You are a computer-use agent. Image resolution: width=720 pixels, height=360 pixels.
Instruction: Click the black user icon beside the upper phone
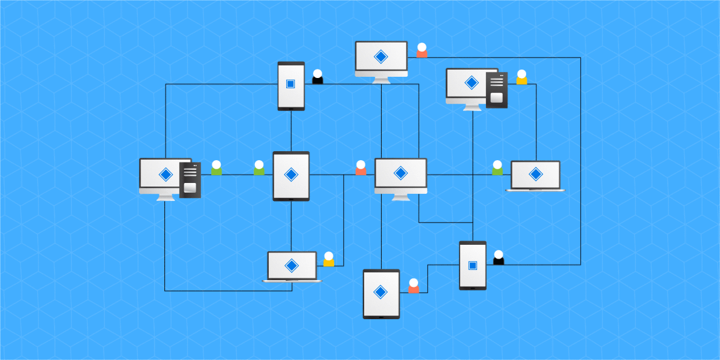(317, 77)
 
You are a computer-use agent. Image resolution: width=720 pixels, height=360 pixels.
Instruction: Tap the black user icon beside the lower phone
(498, 258)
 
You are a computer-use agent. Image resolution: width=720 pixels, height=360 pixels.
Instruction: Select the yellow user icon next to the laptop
(329, 260)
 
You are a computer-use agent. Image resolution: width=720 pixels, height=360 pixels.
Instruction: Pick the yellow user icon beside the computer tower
(521, 78)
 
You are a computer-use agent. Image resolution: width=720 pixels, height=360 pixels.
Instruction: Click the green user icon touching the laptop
(497, 169)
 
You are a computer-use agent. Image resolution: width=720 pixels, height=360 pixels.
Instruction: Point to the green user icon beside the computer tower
(216, 169)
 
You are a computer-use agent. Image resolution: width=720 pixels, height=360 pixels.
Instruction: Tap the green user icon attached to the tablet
(259, 169)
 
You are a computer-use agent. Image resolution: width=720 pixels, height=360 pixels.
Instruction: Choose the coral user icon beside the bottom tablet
(413, 287)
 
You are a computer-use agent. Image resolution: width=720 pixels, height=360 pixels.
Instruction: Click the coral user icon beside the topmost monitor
(422, 51)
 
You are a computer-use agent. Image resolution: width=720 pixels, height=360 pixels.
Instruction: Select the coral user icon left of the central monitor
(361, 169)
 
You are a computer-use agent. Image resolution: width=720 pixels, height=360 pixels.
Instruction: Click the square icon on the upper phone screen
(290, 84)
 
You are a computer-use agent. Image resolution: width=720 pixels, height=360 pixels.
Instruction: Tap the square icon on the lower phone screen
(472, 265)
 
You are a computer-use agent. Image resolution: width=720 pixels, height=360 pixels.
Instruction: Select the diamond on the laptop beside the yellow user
(292, 265)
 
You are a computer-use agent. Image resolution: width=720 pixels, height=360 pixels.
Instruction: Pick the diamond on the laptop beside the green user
(535, 174)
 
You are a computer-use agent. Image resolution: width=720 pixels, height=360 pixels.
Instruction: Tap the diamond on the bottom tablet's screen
(380, 292)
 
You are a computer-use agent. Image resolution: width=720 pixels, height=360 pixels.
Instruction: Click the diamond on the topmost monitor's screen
(380, 56)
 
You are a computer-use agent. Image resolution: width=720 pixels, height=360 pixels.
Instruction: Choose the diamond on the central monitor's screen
(400, 173)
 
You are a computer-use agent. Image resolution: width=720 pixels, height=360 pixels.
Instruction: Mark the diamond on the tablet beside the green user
(291, 174)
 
